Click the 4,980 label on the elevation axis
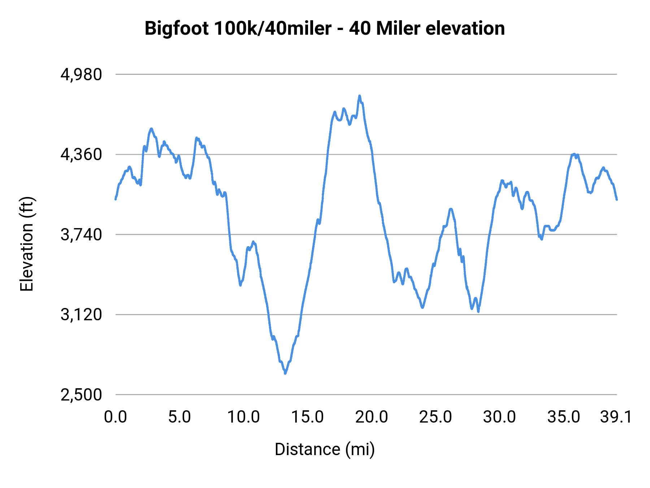[x=81, y=75]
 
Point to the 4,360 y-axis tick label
[x=81, y=155]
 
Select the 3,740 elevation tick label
[x=81, y=235]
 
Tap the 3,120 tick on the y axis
[x=81, y=315]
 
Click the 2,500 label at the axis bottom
[x=81, y=395]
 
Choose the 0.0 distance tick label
[x=116, y=417]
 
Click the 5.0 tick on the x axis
[x=179, y=417]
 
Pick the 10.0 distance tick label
[x=243, y=417]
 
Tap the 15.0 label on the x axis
[x=307, y=417]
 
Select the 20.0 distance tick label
[x=372, y=417]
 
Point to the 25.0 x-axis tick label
[x=435, y=417]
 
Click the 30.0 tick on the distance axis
[x=499, y=417]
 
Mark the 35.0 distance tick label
[x=564, y=417]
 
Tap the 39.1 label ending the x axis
[x=616, y=417]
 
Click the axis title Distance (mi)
[x=325, y=450]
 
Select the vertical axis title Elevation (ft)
[x=27, y=244]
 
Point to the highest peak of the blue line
[x=359, y=96]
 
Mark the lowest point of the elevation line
[x=285, y=373]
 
